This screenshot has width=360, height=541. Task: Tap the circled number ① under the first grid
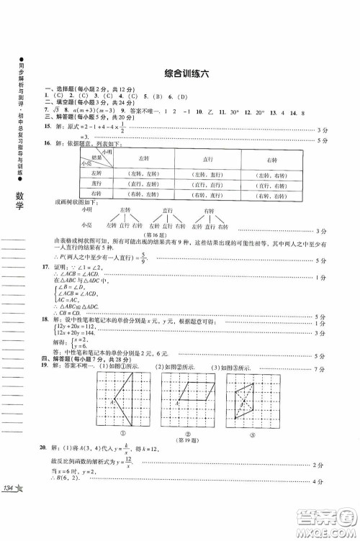click(123, 433)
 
